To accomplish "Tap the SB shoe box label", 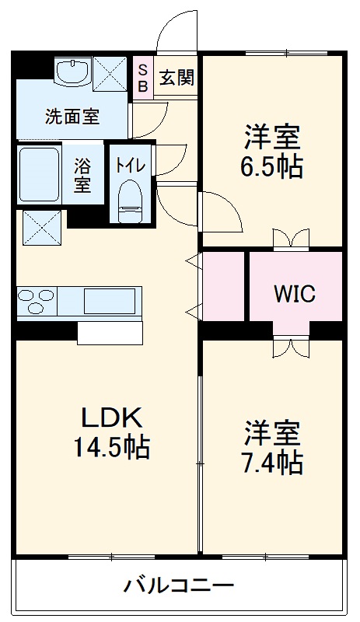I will click(x=143, y=78).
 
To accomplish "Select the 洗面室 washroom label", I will click(x=72, y=118).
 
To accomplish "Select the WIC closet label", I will click(x=294, y=294).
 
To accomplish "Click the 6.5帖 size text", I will click(x=272, y=167).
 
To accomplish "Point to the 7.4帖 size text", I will click(x=272, y=463).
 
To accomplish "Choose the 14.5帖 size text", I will click(x=111, y=448).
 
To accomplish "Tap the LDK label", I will click(x=111, y=418).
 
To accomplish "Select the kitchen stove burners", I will click(x=37, y=300).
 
